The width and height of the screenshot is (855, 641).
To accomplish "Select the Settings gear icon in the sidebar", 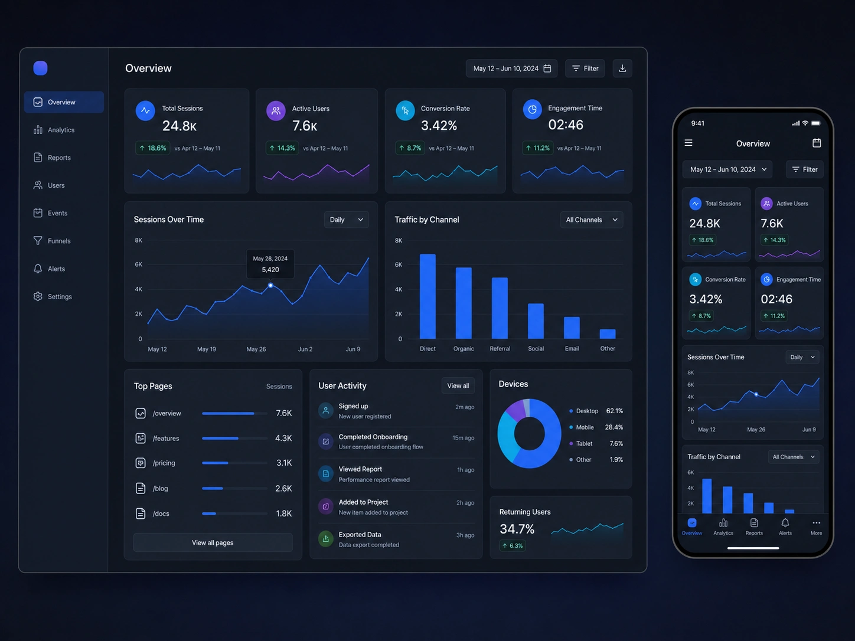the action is [38, 296].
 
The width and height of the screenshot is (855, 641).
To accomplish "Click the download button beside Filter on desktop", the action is [622, 68].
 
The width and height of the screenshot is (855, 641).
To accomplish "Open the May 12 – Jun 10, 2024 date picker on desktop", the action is [511, 68].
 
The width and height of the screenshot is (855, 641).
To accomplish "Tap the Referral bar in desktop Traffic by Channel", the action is [500, 308].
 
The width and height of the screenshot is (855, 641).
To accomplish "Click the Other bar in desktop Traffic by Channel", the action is [608, 334].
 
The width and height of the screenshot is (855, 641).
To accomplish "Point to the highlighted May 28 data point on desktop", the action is [270, 286].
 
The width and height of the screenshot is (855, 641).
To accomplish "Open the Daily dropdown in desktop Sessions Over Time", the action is [346, 220].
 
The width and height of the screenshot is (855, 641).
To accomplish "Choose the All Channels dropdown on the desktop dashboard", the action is [591, 220].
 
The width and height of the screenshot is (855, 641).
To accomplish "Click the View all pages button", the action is [213, 542].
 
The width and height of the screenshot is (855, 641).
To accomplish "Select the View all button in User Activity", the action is [458, 385].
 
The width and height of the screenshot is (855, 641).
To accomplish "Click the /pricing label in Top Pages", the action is [164, 463].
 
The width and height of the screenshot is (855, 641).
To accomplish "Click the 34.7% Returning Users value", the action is [517, 529].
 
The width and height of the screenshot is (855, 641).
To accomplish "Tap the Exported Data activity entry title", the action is [360, 535].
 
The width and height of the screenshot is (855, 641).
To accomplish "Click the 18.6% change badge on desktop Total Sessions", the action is [153, 148].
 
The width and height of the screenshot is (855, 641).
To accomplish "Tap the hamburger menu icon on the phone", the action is [688, 143].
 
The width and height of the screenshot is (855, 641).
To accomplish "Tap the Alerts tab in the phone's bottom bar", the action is [785, 527].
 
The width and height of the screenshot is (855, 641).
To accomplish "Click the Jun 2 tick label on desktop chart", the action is [305, 349].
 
